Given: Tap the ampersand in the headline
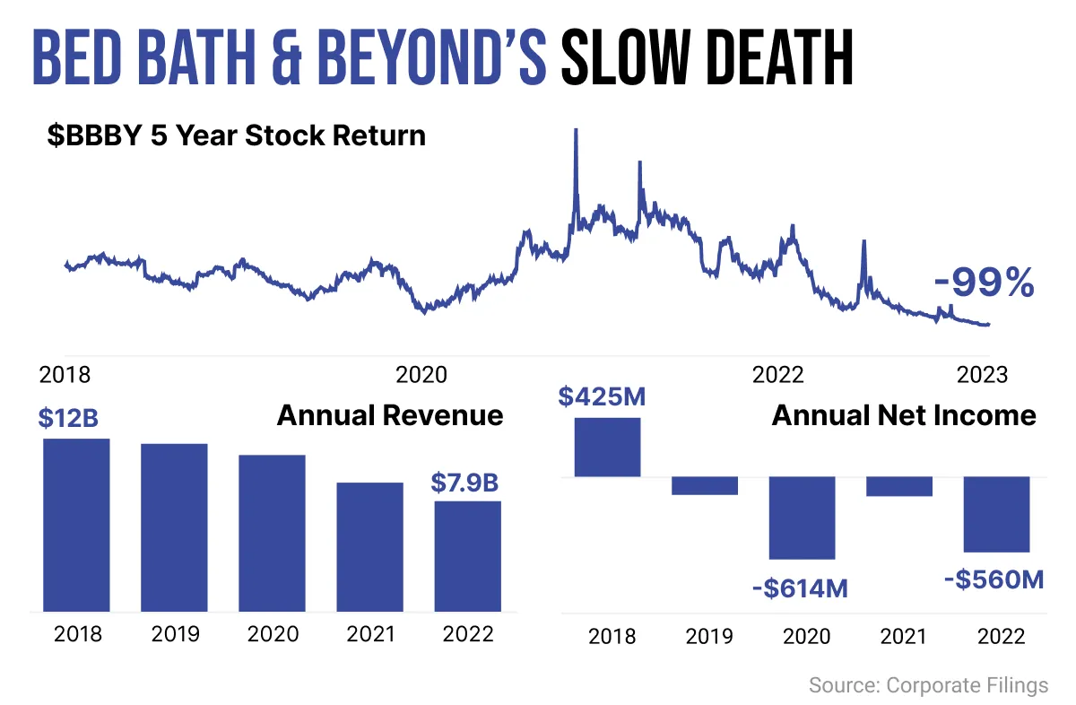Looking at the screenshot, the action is [287, 57].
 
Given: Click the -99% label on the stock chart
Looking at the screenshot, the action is [985, 283].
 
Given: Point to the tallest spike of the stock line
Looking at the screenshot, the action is [576, 131].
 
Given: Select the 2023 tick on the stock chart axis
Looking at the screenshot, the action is [982, 375].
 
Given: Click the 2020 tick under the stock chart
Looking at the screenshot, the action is [421, 375].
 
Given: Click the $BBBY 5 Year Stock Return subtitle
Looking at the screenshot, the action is [237, 135].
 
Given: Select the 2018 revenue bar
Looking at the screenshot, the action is [76, 525].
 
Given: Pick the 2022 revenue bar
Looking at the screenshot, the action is [468, 556].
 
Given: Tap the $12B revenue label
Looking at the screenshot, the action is [68, 418].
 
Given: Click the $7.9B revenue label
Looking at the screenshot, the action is [465, 483].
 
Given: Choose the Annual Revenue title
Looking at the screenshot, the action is [390, 415].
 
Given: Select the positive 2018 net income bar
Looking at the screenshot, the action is [608, 448].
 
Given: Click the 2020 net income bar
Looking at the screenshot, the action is [803, 518].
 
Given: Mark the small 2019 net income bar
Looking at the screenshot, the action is [705, 486].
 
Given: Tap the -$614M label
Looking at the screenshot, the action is [800, 588].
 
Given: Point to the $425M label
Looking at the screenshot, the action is [602, 397].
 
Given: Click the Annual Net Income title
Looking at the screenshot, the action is [904, 415].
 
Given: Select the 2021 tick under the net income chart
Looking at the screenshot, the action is [903, 637].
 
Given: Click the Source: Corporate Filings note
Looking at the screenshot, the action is [929, 685].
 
